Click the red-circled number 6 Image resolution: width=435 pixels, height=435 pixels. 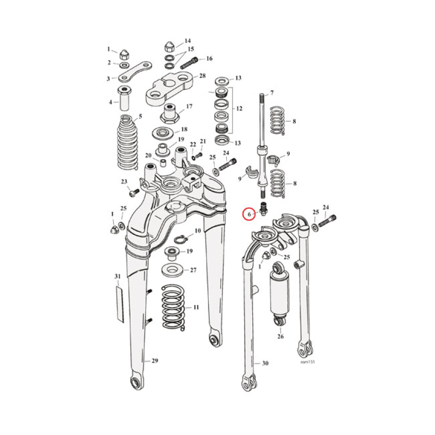pos(248,215)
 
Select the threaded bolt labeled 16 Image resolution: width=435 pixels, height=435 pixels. pos(188,63)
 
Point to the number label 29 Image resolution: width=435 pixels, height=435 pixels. pos(154,361)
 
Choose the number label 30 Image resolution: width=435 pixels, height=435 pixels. pos(265,363)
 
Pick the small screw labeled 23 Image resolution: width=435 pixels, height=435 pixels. pos(133,192)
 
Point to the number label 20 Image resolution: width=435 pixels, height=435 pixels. pos(148,156)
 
